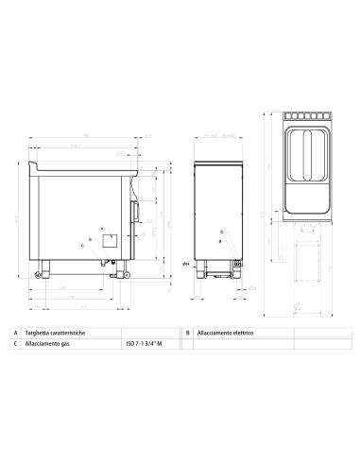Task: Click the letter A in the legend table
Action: tap(16, 334)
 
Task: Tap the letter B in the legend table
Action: tap(189, 334)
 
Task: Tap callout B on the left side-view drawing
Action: tap(90, 240)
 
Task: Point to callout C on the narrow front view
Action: tap(220, 232)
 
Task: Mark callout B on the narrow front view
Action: tap(220, 242)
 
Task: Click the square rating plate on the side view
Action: tap(110, 240)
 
